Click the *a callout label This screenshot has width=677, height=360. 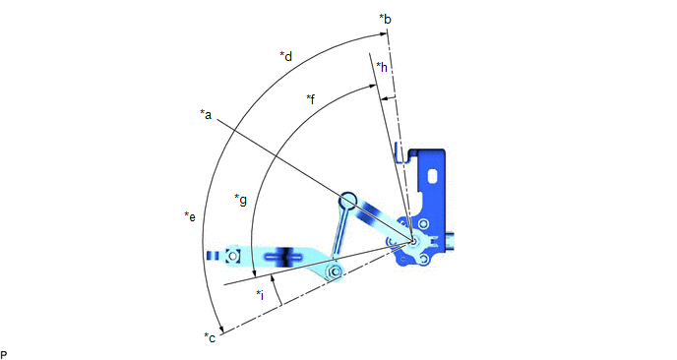(x=206, y=114)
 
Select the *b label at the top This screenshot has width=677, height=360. (x=385, y=19)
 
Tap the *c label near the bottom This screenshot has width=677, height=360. (x=210, y=337)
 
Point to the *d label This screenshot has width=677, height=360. (x=286, y=56)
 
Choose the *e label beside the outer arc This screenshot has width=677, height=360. (x=190, y=216)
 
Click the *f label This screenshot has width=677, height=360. (x=311, y=99)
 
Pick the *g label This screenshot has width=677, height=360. (x=240, y=199)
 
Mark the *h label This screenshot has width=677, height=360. (x=382, y=67)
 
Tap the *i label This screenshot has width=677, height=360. (x=260, y=295)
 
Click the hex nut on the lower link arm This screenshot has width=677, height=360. (x=334, y=271)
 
